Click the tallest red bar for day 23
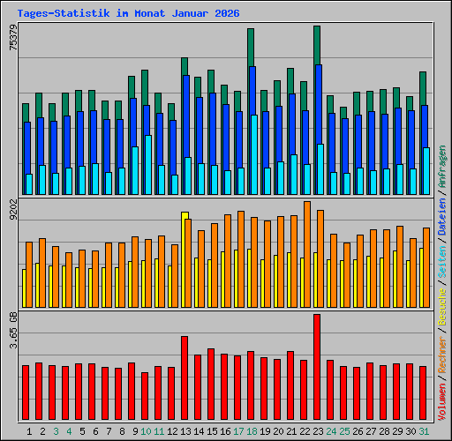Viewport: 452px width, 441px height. (x=317, y=368)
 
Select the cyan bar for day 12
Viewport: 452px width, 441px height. (x=175, y=184)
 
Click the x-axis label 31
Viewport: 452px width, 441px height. (x=424, y=431)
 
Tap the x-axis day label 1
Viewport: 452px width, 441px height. (x=29, y=431)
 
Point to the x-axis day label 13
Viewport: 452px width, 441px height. (x=185, y=431)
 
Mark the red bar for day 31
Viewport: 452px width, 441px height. (x=423, y=393)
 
